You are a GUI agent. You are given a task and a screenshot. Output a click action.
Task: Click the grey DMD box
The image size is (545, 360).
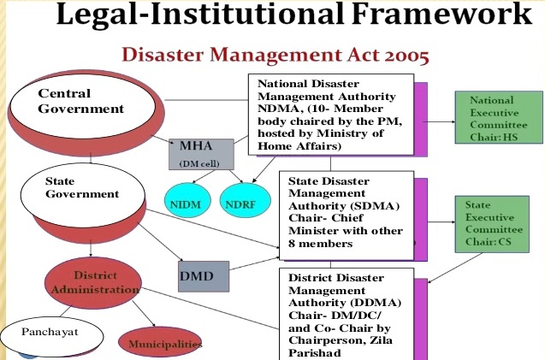click(202, 275)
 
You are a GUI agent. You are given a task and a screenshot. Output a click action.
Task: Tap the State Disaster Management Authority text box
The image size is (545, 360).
click(347, 214)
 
